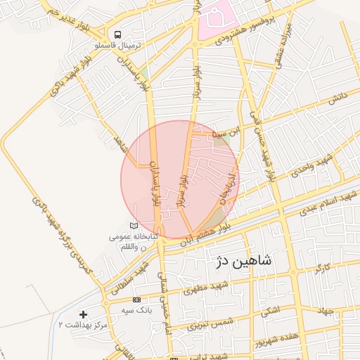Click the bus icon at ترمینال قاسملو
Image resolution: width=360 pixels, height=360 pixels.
point(117,34)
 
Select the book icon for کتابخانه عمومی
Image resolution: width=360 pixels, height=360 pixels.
point(133,225)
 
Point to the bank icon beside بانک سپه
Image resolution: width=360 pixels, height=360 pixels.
point(136,300)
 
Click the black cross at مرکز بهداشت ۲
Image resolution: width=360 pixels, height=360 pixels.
point(84,314)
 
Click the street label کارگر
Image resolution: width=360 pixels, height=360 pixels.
point(320,268)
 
